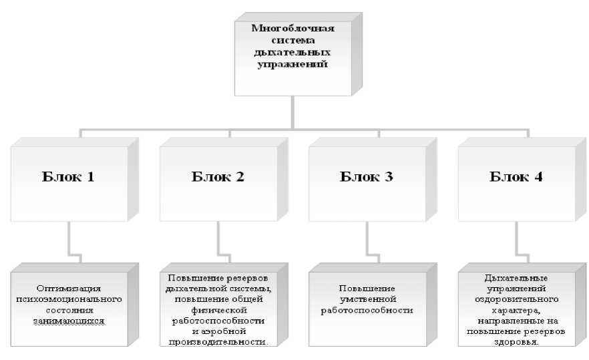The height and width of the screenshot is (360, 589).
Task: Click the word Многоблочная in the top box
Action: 292,27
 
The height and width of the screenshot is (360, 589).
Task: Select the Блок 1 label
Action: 69,178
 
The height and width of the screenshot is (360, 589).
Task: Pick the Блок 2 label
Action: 218,178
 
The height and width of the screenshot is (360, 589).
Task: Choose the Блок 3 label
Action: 367,178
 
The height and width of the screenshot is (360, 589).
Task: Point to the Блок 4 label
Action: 516,178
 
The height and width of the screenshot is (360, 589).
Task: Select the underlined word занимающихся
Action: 69,321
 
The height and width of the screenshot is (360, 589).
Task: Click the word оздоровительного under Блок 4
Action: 517,299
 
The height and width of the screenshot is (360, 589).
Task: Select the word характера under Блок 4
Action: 517,310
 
